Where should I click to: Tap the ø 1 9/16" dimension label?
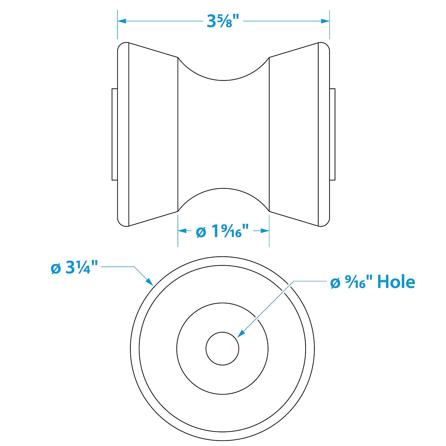pyautogui.click(x=222, y=232)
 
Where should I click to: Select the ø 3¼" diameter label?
pyautogui.click(x=74, y=268)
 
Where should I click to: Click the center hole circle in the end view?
pyautogui.click(x=222, y=349)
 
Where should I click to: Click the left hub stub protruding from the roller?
pyautogui.click(x=114, y=134)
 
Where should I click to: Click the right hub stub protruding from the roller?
pyautogui.click(x=332, y=134)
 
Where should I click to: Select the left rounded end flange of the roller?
pyautogui.click(x=123, y=134)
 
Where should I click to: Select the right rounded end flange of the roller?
pyautogui.click(x=324, y=134)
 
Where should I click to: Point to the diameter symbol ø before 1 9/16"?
pyautogui.click(x=201, y=232)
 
